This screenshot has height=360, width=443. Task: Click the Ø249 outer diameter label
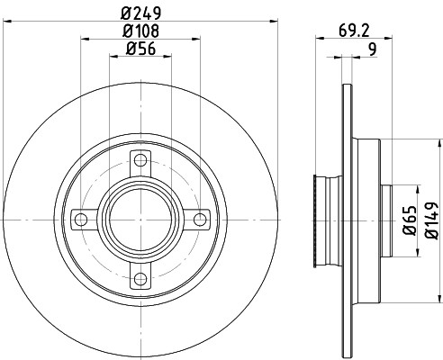click(140, 12)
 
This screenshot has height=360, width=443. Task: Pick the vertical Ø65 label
click(407, 220)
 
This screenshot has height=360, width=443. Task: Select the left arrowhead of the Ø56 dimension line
click(113, 56)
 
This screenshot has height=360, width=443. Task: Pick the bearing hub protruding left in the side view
click(318, 220)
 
